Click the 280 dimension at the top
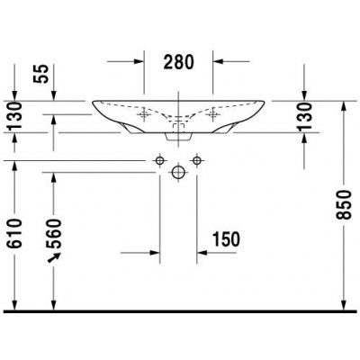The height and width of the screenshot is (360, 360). (x=179, y=62)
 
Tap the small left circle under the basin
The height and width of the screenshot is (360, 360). (x=160, y=159)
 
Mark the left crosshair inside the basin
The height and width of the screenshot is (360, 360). (x=145, y=114)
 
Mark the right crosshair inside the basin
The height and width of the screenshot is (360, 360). (x=212, y=114)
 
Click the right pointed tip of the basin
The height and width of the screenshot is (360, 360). (x=265, y=102)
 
